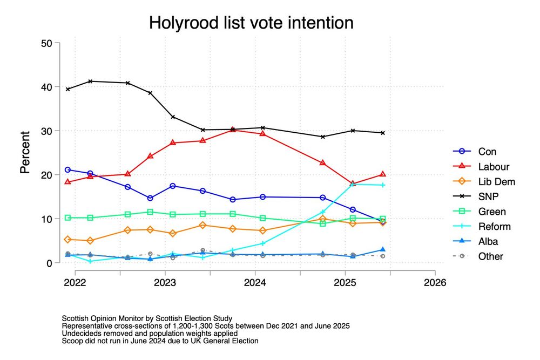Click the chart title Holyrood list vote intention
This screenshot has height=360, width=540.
click(x=251, y=23)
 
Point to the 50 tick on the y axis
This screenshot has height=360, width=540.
click(x=46, y=43)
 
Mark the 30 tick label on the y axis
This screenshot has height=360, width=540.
click(x=46, y=131)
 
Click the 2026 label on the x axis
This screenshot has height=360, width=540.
click(x=435, y=282)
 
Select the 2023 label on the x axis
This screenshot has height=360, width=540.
click(x=165, y=282)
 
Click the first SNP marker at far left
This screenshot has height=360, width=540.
click(x=67, y=89)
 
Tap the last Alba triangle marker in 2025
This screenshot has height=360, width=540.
click(x=383, y=250)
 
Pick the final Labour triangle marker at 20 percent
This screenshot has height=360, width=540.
click(x=383, y=174)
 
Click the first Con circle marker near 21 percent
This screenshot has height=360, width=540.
click(x=67, y=170)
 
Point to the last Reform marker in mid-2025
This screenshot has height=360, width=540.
click(x=383, y=185)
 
